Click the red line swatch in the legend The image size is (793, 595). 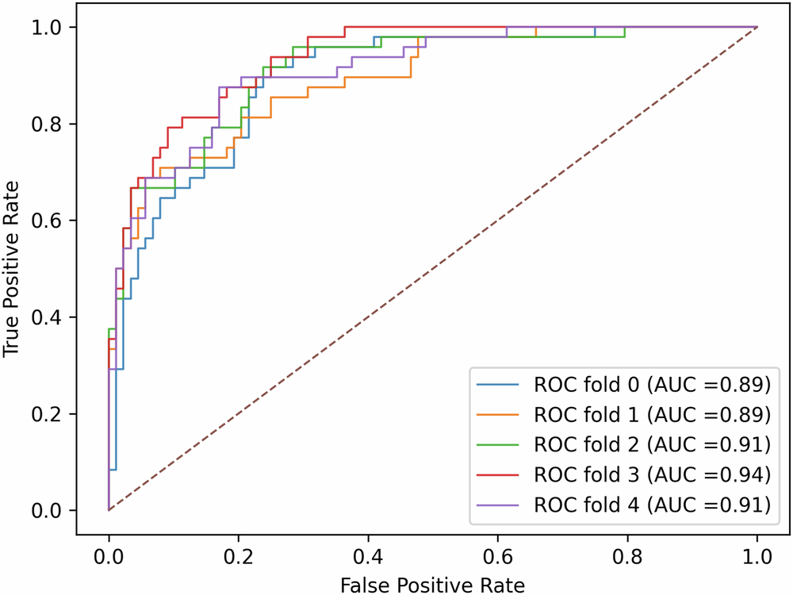pos(498,475)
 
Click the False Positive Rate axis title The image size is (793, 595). pos(432,585)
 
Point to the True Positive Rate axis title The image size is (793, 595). pos(13,268)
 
